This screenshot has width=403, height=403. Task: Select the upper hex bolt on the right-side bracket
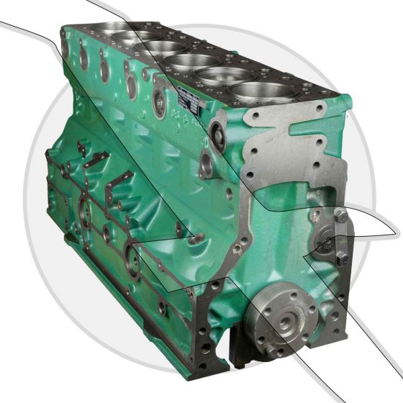point(341,216)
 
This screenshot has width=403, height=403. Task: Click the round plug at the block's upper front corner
point(217,130)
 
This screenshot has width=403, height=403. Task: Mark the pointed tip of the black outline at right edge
point(397,232)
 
